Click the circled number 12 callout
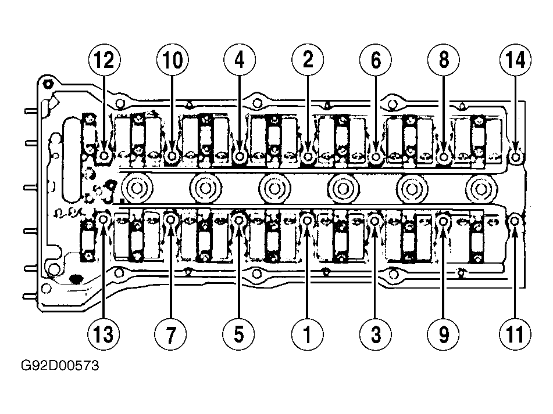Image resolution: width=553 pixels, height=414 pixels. pyautogui.click(x=105, y=60)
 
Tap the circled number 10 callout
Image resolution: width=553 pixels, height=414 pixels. pyautogui.click(x=173, y=60)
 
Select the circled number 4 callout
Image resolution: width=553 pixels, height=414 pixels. pyautogui.click(x=240, y=60)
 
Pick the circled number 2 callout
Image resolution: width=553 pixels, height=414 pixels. pyautogui.click(x=308, y=60)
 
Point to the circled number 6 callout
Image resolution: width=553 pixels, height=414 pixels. pyautogui.click(x=376, y=60)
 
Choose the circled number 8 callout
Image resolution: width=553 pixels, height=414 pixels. pyautogui.click(x=443, y=60)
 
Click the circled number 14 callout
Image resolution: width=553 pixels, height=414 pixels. pyautogui.click(x=515, y=60)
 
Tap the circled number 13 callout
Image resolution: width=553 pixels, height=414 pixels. pyautogui.click(x=104, y=334)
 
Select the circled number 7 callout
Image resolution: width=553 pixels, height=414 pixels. pyautogui.click(x=171, y=334)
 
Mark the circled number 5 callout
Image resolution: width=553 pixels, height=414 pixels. pyautogui.click(x=239, y=334)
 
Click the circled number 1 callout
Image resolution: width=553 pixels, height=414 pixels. pyautogui.click(x=307, y=334)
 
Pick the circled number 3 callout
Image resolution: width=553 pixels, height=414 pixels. pyautogui.click(x=376, y=334)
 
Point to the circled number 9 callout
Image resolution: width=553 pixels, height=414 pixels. pyautogui.click(x=443, y=334)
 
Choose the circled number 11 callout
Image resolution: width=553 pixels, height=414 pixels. pyautogui.click(x=515, y=334)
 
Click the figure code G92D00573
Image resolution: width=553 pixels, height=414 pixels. pyautogui.click(x=60, y=366)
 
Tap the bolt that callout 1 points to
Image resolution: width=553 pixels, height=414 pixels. pyautogui.click(x=307, y=220)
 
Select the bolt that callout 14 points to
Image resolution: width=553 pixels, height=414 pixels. pyautogui.click(x=516, y=156)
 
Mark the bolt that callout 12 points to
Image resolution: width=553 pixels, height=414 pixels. pyautogui.click(x=104, y=155)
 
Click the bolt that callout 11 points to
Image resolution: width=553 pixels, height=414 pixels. pyautogui.click(x=515, y=221)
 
